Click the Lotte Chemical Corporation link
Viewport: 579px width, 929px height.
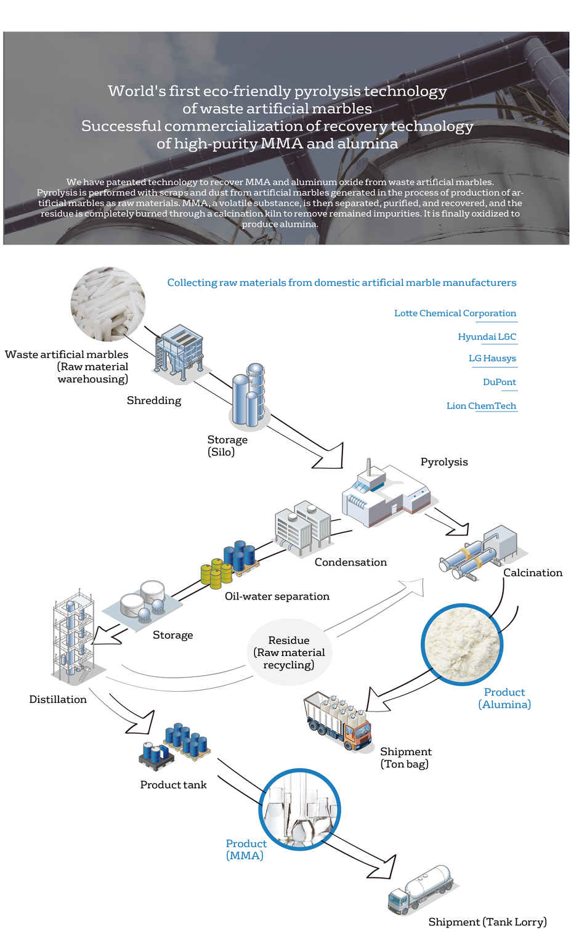click(x=455, y=313)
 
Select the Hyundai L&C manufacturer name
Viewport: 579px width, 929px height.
click(x=487, y=337)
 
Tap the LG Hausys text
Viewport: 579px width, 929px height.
click(x=492, y=359)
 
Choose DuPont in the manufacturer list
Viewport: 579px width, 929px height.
click(x=500, y=382)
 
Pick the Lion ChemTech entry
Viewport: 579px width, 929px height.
click(x=481, y=405)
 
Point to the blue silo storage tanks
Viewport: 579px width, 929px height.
click(x=249, y=395)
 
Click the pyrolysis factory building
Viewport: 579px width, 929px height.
click(x=386, y=493)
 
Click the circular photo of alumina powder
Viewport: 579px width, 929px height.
click(x=462, y=644)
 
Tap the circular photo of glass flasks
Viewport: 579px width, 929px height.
click(x=299, y=809)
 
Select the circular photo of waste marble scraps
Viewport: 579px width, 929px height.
click(x=108, y=304)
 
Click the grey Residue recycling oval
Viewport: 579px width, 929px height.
click(x=289, y=652)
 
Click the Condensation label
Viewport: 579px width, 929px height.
click(x=350, y=562)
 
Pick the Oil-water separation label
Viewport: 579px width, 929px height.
click(x=277, y=596)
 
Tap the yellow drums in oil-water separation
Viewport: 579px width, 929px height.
click(x=216, y=574)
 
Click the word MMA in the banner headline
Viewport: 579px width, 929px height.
click(x=281, y=144)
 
